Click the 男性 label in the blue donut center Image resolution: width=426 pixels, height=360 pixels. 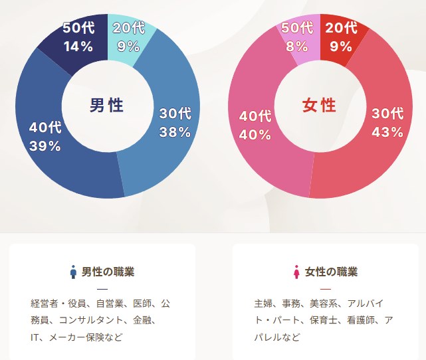[106, 105]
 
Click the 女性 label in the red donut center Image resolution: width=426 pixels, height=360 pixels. [319, 105]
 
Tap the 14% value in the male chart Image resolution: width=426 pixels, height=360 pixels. [78, 46]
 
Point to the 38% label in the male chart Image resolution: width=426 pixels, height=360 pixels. [175, 132]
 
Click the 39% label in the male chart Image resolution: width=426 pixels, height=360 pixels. [45, 146]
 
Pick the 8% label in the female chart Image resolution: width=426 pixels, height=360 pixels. [296, 46]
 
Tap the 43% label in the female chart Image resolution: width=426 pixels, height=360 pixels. [387, 132]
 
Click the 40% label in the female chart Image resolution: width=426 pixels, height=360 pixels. [255, 135]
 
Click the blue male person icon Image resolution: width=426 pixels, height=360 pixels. [73, 272]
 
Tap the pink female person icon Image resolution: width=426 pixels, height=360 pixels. [296, 272]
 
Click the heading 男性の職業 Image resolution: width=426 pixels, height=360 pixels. [108, 272]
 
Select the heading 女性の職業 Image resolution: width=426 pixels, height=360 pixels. [331, 272]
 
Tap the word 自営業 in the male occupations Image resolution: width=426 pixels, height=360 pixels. [110, 304]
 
